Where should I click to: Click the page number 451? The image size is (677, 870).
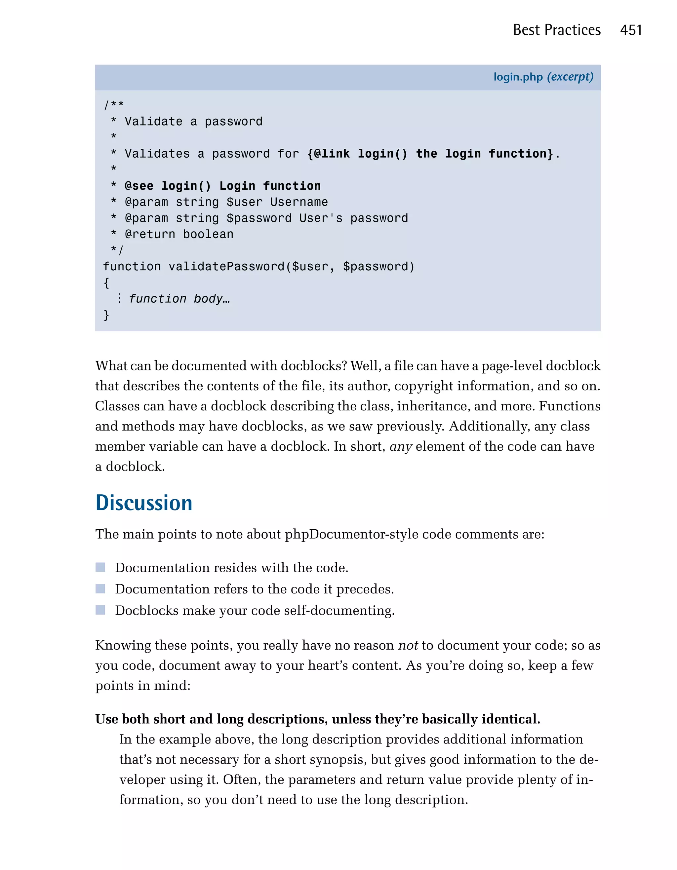(x=631, y=30)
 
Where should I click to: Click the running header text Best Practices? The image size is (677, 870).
(x=556, y=30)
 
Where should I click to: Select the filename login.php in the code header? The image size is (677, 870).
(x=518, y=77)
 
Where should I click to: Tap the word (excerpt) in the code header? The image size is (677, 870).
(x=570, y=77)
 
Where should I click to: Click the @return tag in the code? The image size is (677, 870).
(x=150, y=234)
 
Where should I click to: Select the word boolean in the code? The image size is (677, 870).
(x=208, y=234)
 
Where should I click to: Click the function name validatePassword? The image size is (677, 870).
(x=226, y=267)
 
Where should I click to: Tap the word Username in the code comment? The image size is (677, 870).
(x=299, y=202)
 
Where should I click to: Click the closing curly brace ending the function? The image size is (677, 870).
(x=106, y=315)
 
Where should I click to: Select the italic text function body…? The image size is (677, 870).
(x=179, y=299)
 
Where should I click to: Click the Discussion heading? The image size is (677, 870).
(x=144, y=503)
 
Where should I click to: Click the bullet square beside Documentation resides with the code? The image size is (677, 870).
(x=100, y=567)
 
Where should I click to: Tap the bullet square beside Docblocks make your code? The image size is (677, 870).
(x=100, y=610)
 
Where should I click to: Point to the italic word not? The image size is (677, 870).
(x=408, y=645)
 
